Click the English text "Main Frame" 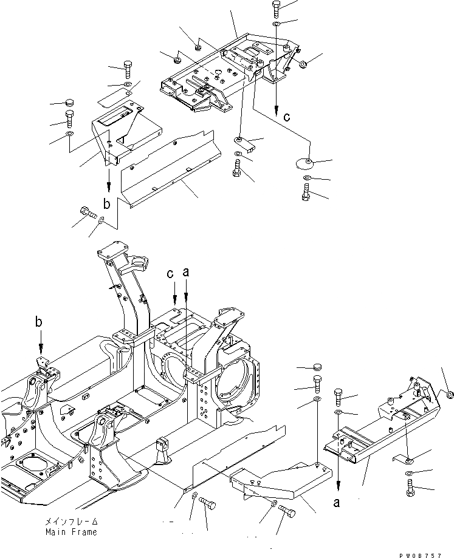pos(71,532)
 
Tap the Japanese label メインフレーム pos(71,522)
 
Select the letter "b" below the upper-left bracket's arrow pos(106,204)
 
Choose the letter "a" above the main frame pos(186,274)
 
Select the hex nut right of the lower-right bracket pos(449,395)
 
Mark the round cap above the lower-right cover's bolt pos(316,367)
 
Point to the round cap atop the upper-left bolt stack pos(69,101)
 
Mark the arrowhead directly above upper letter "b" pos(109,188)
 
